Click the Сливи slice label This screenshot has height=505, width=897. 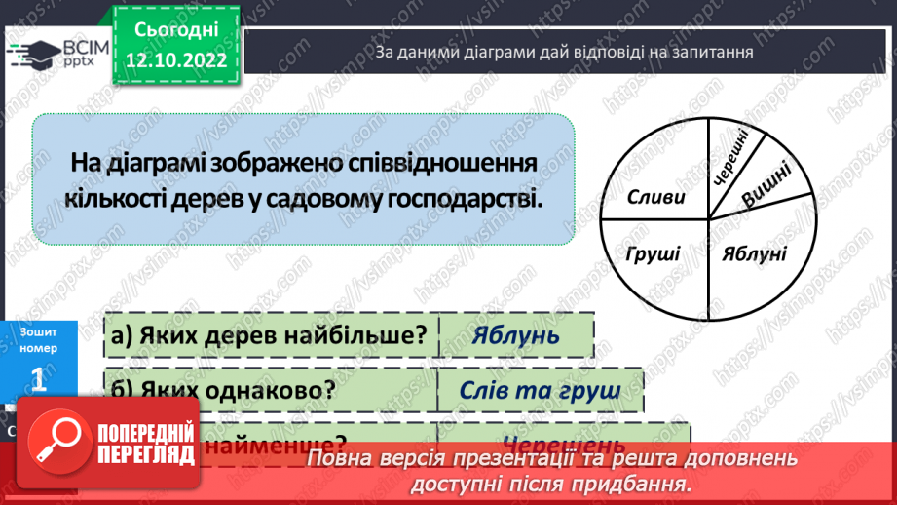coord(655,197)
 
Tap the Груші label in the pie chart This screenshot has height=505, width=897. coord(654,254)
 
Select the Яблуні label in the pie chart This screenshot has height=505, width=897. coord(753,254)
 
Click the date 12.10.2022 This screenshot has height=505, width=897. coord(178,60)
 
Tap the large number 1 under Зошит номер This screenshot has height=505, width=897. coord(39,379)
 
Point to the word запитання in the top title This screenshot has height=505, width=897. coord(714,52)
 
